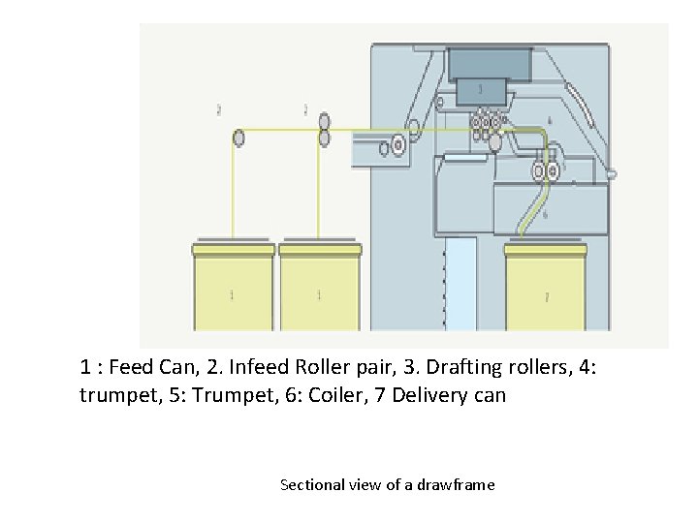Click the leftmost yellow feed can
[233, 291]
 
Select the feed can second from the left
[320, 291]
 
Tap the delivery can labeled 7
[546, 291]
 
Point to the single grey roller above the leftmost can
[238, 138]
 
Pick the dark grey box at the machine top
[491, 64]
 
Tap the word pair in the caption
[359, 368]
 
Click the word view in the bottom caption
[366, 484]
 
